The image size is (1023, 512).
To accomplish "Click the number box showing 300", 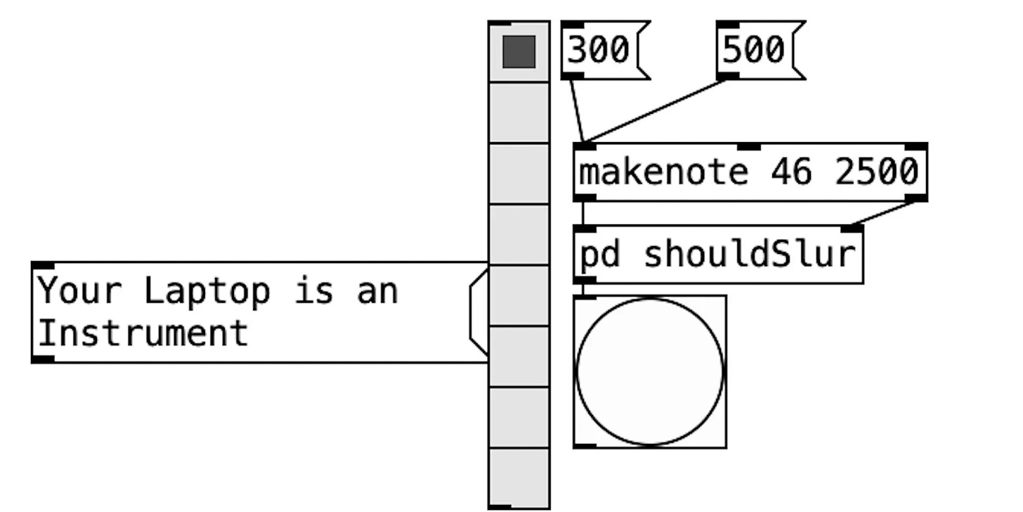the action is pos(599,50).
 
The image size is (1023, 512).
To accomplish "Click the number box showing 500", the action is pos(754,50).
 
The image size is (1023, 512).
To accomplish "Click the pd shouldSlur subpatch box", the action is pos(717,254).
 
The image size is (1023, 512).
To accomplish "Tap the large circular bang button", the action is pos(649,372).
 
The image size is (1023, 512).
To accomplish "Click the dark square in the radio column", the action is pos(519,52).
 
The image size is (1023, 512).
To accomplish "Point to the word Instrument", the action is pos(143,333).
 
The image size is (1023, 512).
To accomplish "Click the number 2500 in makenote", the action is pos(877,172).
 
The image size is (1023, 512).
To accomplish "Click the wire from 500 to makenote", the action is pos(657,110).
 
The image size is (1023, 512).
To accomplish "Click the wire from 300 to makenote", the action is pos(577,110).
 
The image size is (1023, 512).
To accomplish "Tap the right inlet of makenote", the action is pos(916,146).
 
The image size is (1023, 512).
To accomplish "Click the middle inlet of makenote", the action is pos(749,146).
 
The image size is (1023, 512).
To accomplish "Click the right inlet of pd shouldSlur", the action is pos(852,229).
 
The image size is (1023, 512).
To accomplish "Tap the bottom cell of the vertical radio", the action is pos(519,478).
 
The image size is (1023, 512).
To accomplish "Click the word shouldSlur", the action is pos(750,254).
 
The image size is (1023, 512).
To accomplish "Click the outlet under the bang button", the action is pos(585,445).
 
